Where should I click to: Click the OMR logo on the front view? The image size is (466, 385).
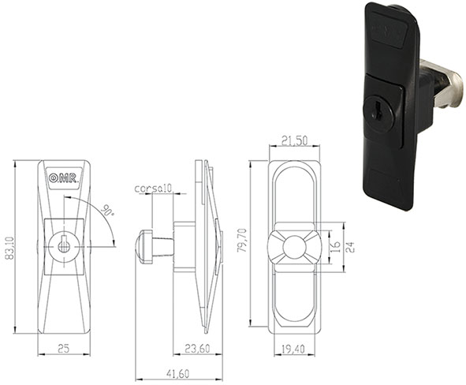pos(62,178)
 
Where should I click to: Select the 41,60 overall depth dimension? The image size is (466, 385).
pos(178,372)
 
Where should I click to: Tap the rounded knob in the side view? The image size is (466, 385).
pos(145,245)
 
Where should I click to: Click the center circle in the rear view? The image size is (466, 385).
pos(293,246)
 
